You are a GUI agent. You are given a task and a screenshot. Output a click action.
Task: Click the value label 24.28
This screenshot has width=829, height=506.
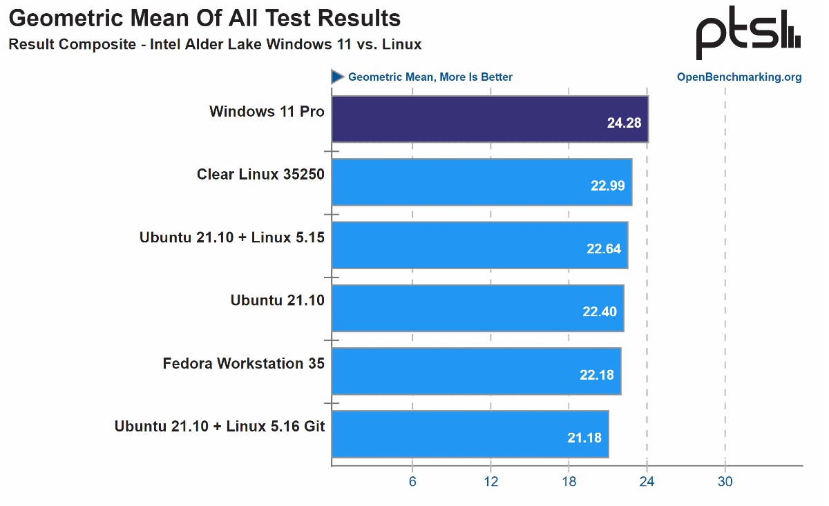point(624,124)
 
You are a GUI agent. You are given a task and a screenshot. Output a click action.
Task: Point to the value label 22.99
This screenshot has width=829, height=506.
point(608,186)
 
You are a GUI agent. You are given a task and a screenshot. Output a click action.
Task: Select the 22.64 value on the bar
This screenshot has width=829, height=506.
point(604,249)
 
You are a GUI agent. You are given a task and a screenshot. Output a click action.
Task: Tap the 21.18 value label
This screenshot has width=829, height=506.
point(584,438)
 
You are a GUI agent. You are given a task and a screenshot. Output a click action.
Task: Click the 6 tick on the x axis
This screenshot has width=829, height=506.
point(412,482)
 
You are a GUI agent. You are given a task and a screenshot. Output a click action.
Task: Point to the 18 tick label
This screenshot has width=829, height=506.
point(569,482)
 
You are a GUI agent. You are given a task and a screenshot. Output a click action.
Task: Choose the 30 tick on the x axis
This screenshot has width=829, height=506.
point(725,482)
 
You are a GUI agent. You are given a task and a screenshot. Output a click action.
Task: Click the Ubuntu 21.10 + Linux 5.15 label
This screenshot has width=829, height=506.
point(232,237)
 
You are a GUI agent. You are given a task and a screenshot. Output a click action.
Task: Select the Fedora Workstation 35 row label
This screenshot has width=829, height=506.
point(243,363)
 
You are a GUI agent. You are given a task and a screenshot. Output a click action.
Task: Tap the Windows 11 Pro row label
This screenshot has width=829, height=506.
point(267,111)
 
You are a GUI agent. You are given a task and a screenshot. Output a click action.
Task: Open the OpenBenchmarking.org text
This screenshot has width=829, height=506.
point(739,77)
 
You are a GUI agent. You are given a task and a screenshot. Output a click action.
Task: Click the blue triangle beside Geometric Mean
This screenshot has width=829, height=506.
point(338,77)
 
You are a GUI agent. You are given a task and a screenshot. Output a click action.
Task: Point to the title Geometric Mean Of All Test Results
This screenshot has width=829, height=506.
point(204,18)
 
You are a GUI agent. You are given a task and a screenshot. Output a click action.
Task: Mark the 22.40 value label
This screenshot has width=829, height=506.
point(600,312)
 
